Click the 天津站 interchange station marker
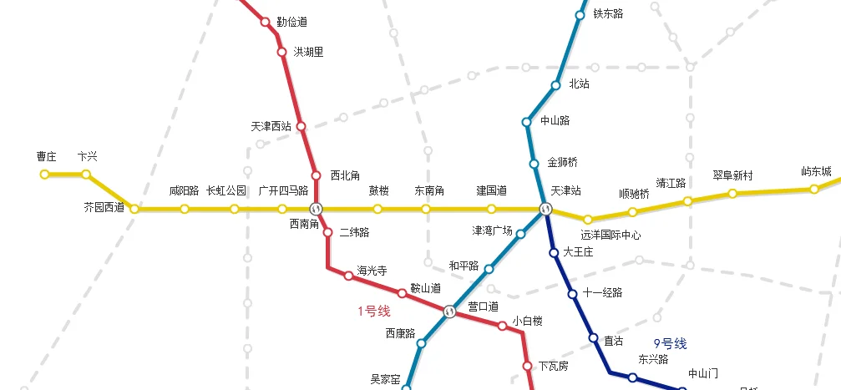point(545,209)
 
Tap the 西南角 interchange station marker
point(316,209)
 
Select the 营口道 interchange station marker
point(450,311)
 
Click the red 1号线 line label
point(374,311)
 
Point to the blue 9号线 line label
point(670,343)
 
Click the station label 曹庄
point(46,157)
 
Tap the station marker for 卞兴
point(86,175)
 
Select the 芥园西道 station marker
point(134,209)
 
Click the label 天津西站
point(271,127)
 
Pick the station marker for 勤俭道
point(266,23)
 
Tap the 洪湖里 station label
point(308,52)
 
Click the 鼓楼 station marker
point(377,209)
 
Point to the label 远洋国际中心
point(610,236)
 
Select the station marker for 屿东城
point(813,190)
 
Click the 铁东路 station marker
point(580,15)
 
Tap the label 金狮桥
point(562,163)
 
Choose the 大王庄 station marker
point(553,252)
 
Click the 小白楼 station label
point(528,321)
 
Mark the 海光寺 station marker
point(349,276)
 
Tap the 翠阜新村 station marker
point(732,194)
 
